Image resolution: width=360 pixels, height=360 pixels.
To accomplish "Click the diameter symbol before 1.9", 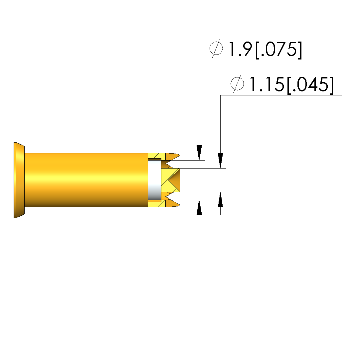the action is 216,49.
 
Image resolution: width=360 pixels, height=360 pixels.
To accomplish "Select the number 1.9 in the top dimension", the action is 241,49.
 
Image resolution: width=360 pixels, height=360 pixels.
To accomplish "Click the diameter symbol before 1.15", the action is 237,83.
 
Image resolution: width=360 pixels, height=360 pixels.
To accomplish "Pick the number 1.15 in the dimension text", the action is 267,84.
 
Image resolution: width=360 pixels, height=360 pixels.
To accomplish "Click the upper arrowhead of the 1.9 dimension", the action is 199,153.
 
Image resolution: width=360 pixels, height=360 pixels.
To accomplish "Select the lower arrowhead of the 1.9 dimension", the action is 199,207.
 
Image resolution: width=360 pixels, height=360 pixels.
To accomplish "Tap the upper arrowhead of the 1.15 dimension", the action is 221,161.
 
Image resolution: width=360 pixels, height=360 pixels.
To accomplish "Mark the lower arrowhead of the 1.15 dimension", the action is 221,200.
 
